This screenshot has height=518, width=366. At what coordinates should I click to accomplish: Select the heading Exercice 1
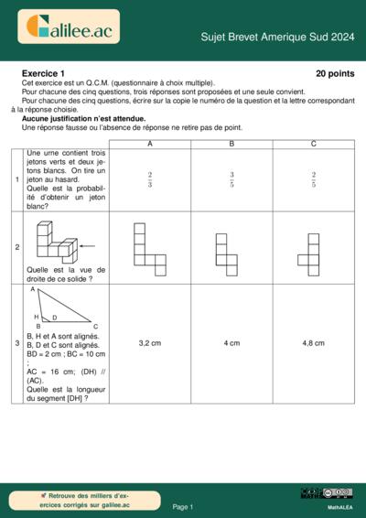43,73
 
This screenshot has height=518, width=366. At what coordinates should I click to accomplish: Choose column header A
149,144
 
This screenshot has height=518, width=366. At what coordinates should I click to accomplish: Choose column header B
231,144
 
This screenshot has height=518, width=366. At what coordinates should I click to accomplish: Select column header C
314,144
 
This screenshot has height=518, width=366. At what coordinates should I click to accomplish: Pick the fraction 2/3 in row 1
149,180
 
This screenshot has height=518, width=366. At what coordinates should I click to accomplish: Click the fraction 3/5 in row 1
231,180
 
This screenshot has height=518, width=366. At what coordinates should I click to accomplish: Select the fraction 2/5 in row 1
314,180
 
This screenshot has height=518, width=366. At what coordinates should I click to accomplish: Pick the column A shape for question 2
149,248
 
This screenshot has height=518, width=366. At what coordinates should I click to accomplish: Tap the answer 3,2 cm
149,343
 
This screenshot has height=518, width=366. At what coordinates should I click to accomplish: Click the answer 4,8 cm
314,343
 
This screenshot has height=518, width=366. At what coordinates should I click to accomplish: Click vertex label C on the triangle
95,326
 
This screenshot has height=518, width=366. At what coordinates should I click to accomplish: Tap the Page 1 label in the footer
183,506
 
